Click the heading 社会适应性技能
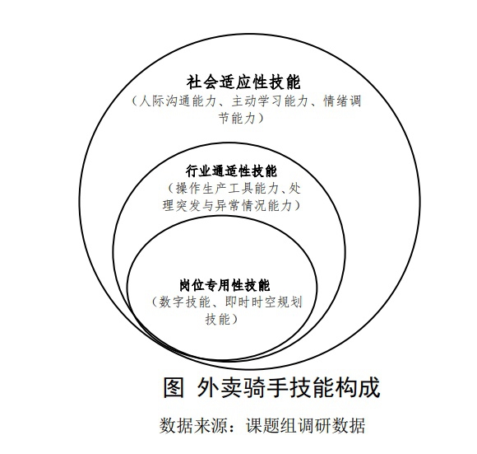tap(243, 82)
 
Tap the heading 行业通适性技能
tap(231, 171)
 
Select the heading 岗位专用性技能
tap(225, 286)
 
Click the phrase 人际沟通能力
tap(178, 101)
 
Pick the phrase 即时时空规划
tap(263, 302)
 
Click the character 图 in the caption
tap(174, 387)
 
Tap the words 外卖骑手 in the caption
tap(238, 387)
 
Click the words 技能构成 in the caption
tap(331, 387)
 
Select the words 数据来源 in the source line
tap(193, 425)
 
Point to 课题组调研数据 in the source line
tap(305, 425)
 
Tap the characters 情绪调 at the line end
tap(342, 101)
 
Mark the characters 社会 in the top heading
tap(201, 82)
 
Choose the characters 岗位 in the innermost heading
tap(192, 286)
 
